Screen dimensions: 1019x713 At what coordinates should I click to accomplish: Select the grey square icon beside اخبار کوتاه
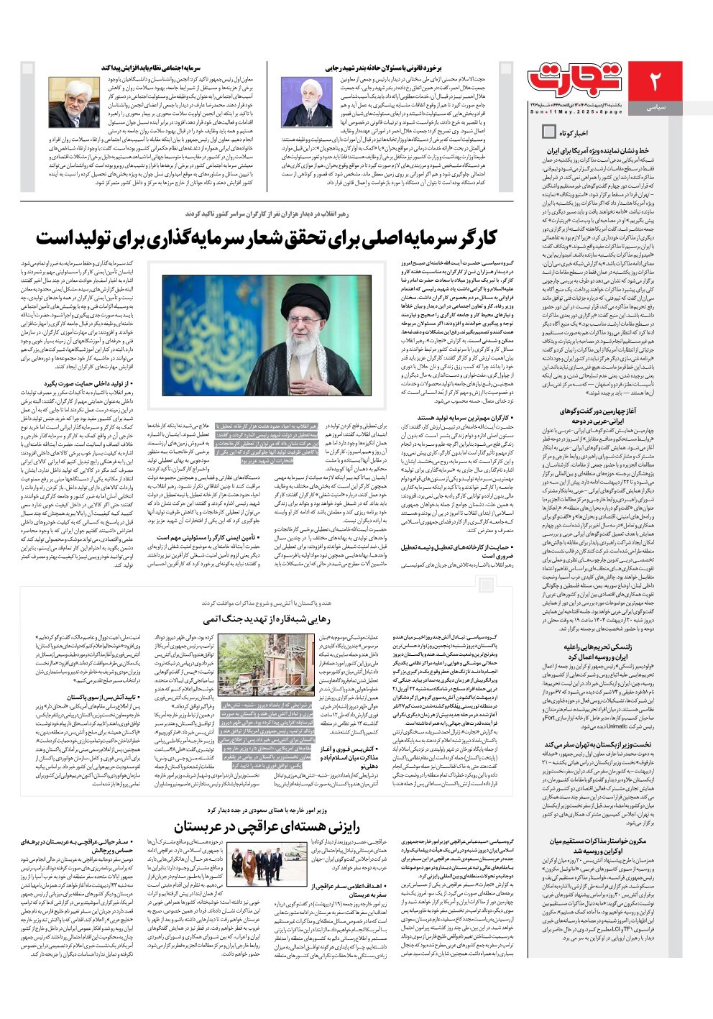[x=548, y=132]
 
